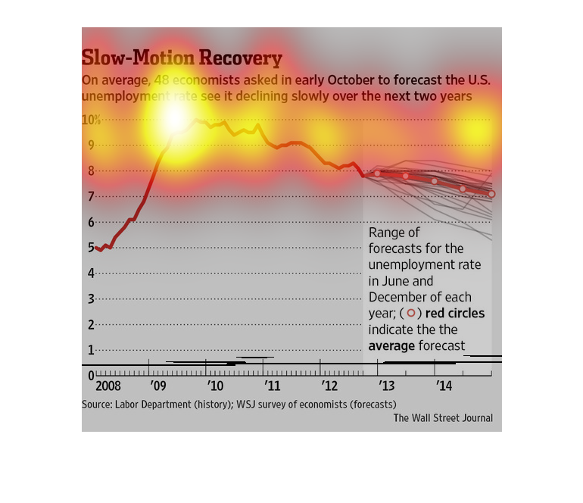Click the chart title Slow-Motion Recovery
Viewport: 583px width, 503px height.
pos(182,59)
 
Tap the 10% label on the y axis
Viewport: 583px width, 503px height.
pos(92,120)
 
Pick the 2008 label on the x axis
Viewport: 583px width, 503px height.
pos(96,386)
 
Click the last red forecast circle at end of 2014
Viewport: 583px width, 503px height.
pos(491,194)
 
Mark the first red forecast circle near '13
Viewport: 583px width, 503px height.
pos(377,173)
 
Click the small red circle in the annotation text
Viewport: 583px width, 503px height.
pos(411,313)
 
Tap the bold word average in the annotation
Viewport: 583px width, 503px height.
pos(391,346)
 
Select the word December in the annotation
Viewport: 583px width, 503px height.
pos(398,297)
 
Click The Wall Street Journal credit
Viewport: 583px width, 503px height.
pos(442,417)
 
